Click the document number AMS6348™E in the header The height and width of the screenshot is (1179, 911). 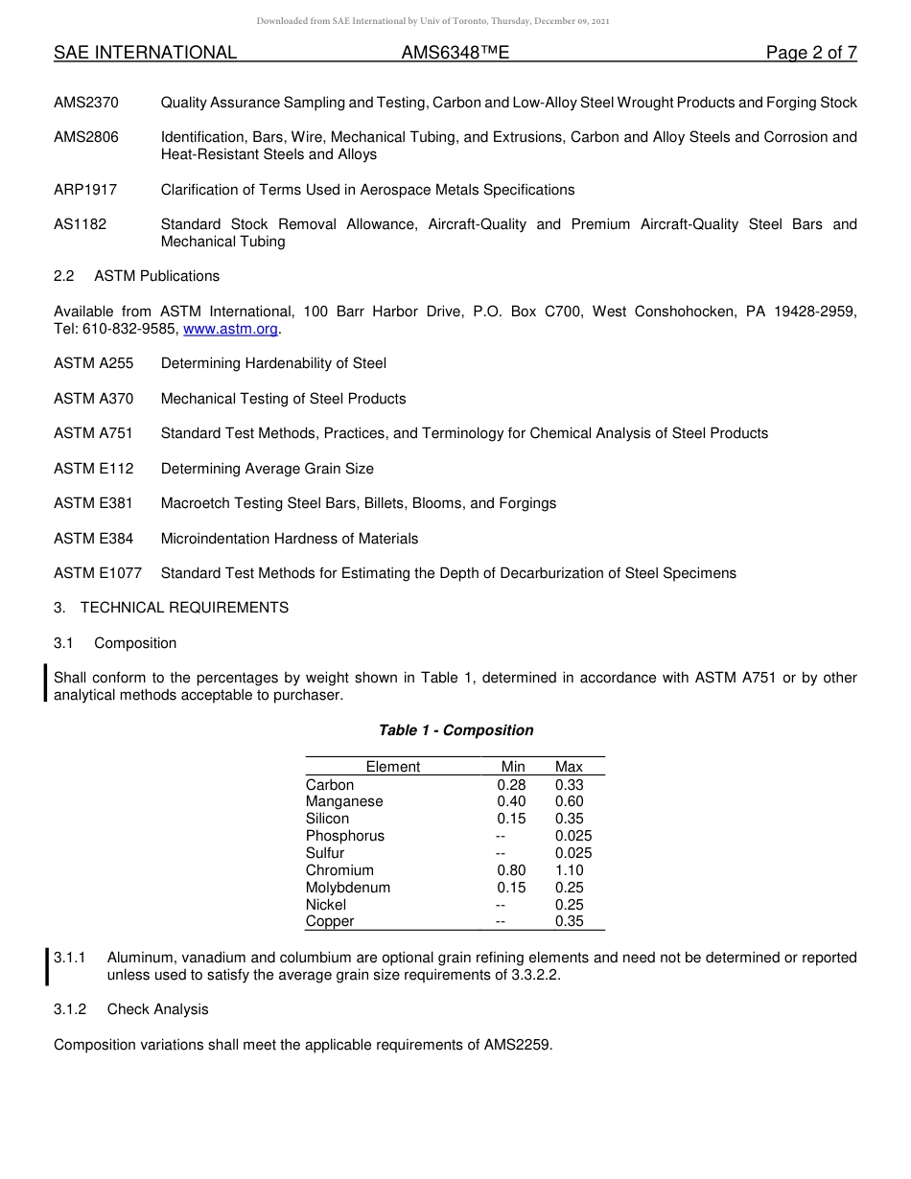(455, 53)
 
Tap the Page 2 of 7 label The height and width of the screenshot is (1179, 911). (810, 53)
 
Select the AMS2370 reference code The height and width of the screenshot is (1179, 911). (86, 103)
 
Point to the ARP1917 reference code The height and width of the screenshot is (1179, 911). (85, 190)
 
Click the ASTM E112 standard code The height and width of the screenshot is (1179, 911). (94, 469)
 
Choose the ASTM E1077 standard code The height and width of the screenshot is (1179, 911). (98, 573)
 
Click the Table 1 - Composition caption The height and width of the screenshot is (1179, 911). (455, 730)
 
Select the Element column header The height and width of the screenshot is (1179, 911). (392, 767)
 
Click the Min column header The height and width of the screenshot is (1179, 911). (513, 767)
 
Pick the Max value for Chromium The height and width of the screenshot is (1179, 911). (569, 870)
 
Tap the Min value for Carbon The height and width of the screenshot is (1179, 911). (511, 785)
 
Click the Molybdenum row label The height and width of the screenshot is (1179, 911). (348, 888)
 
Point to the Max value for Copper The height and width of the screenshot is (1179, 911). (569, 921)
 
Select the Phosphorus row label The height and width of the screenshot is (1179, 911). (345, 836)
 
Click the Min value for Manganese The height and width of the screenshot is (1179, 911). (511, 801)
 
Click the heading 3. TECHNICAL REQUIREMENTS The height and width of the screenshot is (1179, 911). (171, 608)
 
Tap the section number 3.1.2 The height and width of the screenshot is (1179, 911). (70, 1009)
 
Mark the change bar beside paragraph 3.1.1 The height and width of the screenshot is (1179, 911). (47, 966)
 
